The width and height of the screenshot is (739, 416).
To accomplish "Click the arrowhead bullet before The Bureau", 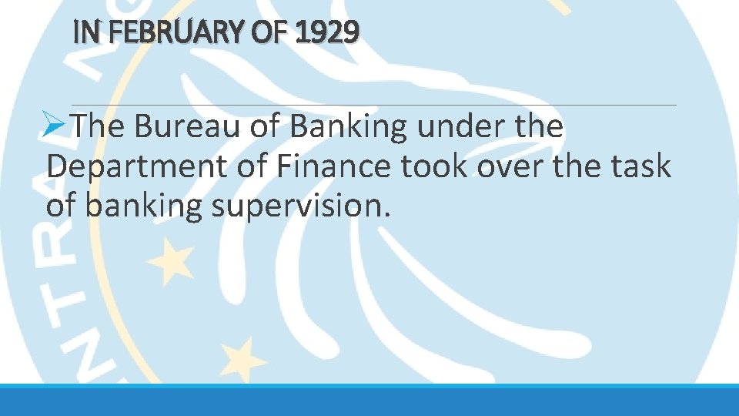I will point(59,127).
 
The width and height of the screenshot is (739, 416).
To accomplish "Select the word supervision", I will point(296,206).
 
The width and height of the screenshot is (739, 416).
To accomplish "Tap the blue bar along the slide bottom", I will point(369,401).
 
